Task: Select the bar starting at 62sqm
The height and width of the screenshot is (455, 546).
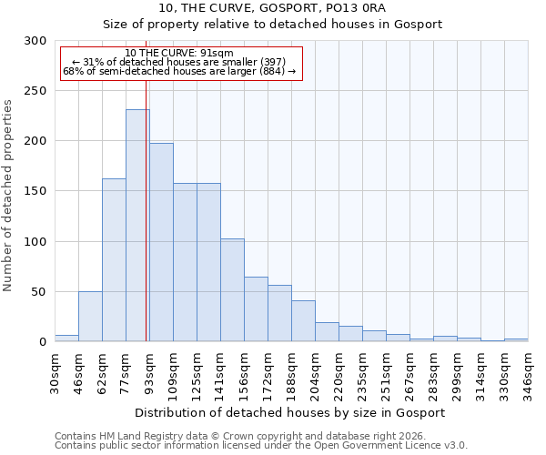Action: (x=114, y=259)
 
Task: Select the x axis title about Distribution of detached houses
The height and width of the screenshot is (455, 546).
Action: (x=290, y=412)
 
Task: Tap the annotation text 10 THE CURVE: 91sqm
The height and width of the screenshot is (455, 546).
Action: (x=179, y=54)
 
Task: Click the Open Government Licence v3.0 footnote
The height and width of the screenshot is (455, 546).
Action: (x=260, y=446)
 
